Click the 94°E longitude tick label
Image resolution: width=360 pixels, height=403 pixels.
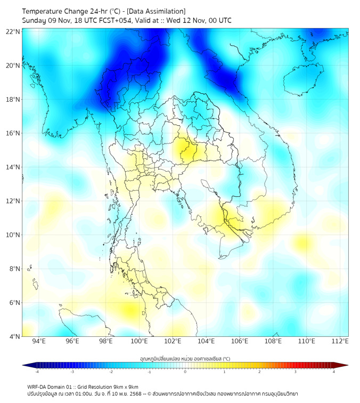pyautogui.click(x=39, y=342)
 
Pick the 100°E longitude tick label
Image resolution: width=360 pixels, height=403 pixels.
pyautogui.click(x=139, y=342)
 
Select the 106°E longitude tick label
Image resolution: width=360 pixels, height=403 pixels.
pyautogui.click(x=240, y=342)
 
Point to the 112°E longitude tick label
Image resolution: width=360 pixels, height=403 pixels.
pyautogui.click(x=340, y=342)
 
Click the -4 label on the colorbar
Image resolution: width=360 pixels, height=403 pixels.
pyautogui.click(x=37, y=372)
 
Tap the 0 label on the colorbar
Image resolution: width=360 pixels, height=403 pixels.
pyautogui.click(x=185, y=372)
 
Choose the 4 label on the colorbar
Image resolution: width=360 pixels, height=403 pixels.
pyautogui.click(x=333, y=372)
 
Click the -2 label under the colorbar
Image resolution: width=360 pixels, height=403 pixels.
pyautogui.click(x=111, y=372)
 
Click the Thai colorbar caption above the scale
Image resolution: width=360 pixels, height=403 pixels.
pyautogui.click(x=185, y=359)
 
